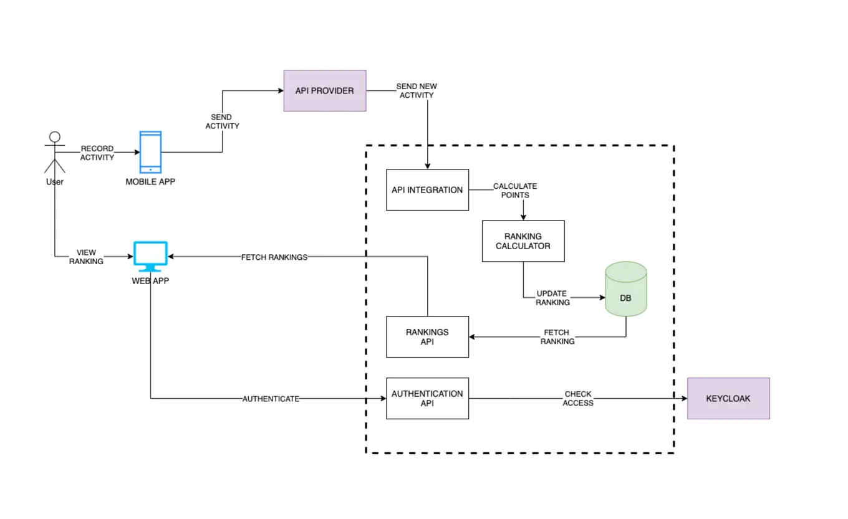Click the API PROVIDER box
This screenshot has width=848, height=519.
[324, 90]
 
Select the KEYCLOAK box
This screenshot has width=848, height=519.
[728, 398]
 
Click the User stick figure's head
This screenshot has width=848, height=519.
[55, 137]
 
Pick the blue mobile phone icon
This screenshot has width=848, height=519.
[150, 151]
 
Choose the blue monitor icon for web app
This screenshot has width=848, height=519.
[150, 256]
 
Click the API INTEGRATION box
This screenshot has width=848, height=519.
[427, 189]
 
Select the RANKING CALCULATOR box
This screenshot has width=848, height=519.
[523, 240]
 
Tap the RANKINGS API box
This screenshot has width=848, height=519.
[427, 336]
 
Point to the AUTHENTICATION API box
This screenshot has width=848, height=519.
[427, 398]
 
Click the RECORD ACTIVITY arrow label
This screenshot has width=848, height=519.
[97, 153]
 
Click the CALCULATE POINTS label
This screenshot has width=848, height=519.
[515, 191]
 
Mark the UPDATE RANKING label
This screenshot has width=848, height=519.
[553, 298]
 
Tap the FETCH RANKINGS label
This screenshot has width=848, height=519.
[274, 257]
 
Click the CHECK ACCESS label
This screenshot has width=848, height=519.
[578, 398]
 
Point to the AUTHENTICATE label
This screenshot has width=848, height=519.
[271, 398]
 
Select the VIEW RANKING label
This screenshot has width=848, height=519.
[86, 257]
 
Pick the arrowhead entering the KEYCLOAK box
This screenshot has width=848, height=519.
[683, 398]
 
